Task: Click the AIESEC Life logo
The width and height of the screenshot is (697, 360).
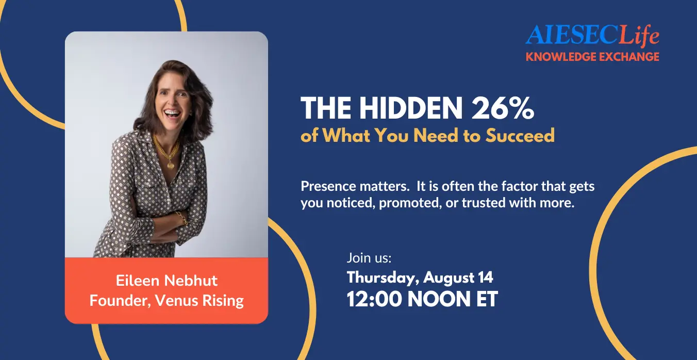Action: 592,35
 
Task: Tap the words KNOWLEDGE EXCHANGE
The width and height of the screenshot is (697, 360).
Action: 592,57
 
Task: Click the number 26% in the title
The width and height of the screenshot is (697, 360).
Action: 503,108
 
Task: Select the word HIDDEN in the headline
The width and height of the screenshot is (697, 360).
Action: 411,108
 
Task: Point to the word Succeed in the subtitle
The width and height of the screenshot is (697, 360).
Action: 520,136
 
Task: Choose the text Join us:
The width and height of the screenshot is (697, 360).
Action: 369,258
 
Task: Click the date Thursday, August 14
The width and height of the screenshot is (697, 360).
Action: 420,277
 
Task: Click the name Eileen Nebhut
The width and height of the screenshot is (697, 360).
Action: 167,281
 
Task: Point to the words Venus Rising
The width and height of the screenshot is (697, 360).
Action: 199,301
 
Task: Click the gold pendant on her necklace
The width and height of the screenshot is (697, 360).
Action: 171,165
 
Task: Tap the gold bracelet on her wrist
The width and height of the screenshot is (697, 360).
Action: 181,218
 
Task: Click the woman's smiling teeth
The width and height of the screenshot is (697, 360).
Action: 172,113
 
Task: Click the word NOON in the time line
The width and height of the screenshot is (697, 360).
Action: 439,299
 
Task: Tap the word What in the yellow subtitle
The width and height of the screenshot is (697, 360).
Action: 346,136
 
